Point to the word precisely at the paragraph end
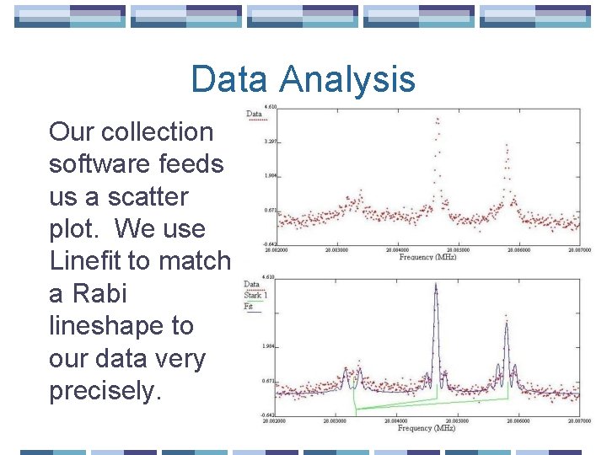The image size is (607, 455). [x=105, y=391]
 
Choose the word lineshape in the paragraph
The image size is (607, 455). [x=121, y=326]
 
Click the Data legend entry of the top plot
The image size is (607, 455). [x=253, y=114]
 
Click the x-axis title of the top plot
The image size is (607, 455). [x=427, y=257]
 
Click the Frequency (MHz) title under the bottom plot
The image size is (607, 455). [x=427, y=428]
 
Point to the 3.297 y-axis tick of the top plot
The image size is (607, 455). [x=270, y=142]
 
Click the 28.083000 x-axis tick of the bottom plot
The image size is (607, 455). [x=333, y=420]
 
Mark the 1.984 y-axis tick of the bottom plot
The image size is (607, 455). [x=270, y=346]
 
